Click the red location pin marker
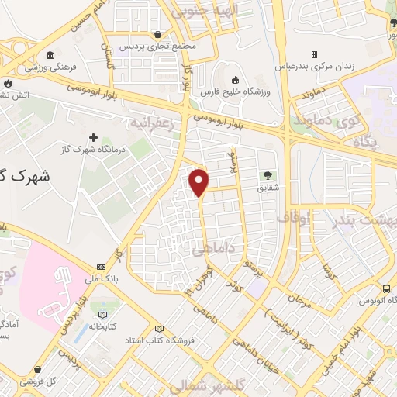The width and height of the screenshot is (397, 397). (x=200, y=181)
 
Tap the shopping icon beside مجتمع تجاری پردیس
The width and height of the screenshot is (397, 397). (x=158, y=34)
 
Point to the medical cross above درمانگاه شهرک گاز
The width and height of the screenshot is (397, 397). (x=93, y=137)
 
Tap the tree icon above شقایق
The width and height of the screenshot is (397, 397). (x=268, y=175)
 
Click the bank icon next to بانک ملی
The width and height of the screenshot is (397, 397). (x=100, y=267)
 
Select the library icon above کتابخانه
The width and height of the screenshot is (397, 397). (x=103, y=315)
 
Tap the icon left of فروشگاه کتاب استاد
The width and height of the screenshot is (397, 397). (x=159, y=329)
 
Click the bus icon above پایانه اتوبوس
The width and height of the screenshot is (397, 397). (x=386, y=288)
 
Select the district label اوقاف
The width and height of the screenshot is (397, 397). (x=293, y=218)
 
